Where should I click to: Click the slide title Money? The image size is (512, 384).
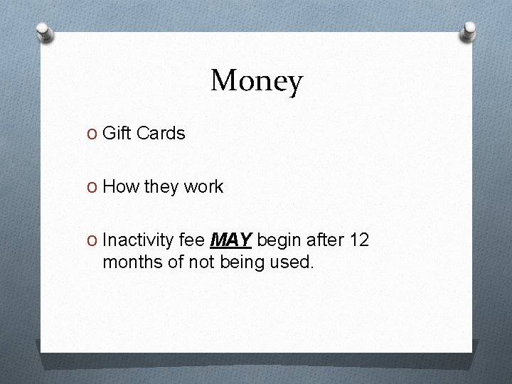coord(256,81)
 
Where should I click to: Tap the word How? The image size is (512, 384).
coord(120,187)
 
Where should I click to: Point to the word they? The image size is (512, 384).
coord(161,188)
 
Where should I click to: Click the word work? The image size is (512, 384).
coord(203,187)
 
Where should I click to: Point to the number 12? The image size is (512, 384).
coord(360,241)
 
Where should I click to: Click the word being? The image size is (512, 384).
coord(245,263)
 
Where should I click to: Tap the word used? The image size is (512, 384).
coord(292,262)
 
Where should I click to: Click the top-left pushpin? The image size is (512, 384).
coord(46,32)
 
